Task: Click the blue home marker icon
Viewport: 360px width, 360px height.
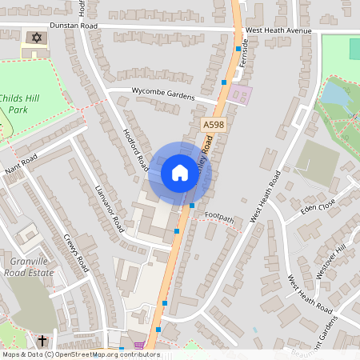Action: click(179, 173)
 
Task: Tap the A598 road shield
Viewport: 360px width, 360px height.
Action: click(212, 125)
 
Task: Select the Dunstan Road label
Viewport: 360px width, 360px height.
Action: click(74, 26)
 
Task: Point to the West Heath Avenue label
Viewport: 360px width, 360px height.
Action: click(278, 30)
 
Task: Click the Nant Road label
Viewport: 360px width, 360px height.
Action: click(21, 166)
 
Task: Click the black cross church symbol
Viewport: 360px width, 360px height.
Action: click(42, 342)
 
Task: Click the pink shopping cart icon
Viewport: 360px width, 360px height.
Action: click(141, 346)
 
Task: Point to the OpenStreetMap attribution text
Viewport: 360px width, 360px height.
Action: click(81, 354)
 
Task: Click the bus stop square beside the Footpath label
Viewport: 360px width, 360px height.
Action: click(193, 206)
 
